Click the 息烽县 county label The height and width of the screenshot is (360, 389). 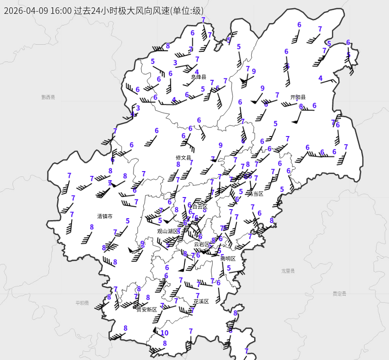click(198, 77)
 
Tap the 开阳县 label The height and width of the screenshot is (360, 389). click(298, 97)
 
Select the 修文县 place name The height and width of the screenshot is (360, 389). click(183, 158)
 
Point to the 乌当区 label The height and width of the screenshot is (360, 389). click(255, 194)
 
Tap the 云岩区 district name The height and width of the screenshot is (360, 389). click(202, 244)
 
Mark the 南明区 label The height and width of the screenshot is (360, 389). click(228, 259)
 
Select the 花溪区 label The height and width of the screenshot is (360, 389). click(201, 301)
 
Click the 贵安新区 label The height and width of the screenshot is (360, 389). click(146, 310)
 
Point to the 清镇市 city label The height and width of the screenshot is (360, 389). click(105, 216)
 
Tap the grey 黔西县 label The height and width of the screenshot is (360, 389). click(48, 97)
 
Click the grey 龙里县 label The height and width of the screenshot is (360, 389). click(288, 271)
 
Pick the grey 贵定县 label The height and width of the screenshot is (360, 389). click(340, 293)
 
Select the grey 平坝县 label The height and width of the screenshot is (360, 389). click(82, 303)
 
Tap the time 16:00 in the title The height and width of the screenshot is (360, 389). click(61, 11)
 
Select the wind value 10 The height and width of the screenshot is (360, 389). click(164, 333)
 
